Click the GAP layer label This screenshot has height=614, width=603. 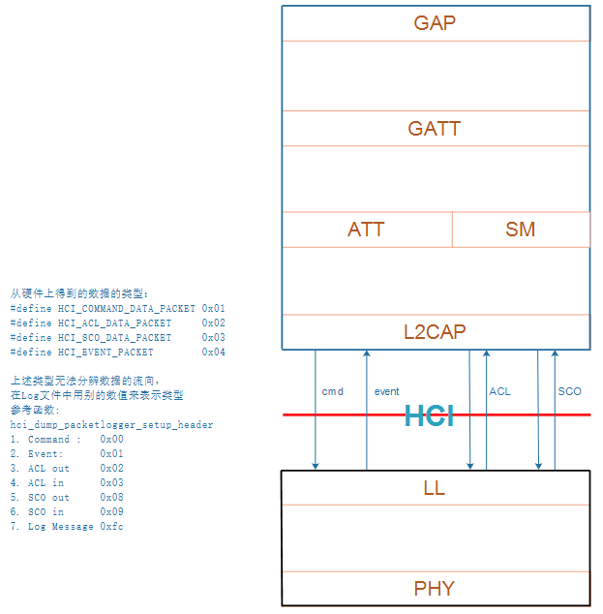click(x=435, y=23)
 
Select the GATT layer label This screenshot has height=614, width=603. click(x=435, y=129)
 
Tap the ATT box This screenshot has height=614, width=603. click(x=366, y=230)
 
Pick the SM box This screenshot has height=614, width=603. click(x=521, y=230)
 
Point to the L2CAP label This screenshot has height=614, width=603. click(x=435, y=332)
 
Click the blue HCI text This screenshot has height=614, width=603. click(x=430, y=416)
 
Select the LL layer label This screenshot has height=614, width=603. click(x=435, y=488)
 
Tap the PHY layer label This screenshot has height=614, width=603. click(x=435, y=589)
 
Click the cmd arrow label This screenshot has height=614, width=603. click(x=333, y=391)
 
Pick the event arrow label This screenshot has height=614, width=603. click(x=387, y=391)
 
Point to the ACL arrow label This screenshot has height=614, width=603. click(x=499, y=391)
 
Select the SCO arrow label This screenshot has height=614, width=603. click(x=569, y=391)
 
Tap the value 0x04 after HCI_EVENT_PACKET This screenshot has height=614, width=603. click(x=214, y=353)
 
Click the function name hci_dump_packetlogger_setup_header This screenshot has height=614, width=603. click(x=111, y=424)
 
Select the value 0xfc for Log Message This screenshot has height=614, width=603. click(x=111, y=527)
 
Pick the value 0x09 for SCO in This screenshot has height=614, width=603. click(x=111, y=512)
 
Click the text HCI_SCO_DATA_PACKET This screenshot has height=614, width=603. click(x=114, y=338)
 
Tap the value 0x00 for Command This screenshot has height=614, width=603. click(x=111, y=440)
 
